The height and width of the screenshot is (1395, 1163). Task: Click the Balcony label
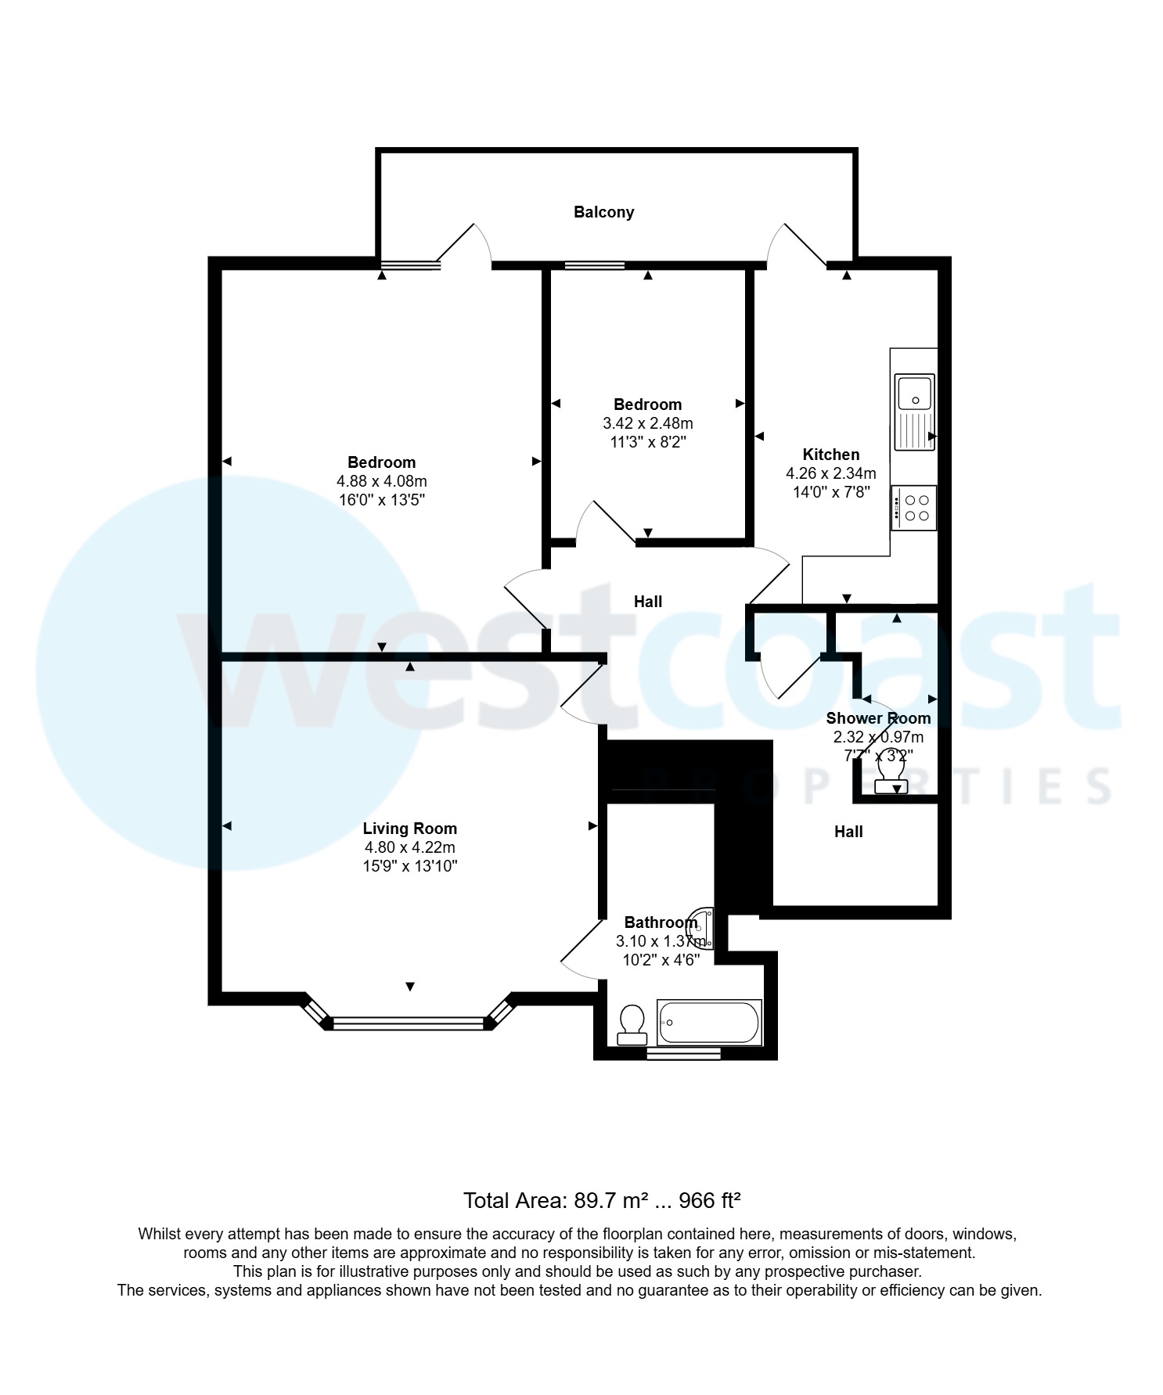603,212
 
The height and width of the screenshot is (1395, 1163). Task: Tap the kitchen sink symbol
914,412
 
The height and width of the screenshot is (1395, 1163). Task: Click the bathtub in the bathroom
709,1023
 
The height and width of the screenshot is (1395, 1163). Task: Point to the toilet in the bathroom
632,1025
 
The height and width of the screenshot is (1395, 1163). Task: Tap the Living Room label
409,829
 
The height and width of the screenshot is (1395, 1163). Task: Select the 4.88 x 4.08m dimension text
382,481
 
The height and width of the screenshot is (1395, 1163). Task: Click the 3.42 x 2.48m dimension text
647,423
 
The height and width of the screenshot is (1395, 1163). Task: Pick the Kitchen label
830,455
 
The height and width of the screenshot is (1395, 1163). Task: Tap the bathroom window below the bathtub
683,1055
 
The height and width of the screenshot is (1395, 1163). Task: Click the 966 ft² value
709,1200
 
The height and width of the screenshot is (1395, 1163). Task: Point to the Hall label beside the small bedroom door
647,602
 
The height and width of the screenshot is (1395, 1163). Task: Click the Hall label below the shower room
848,832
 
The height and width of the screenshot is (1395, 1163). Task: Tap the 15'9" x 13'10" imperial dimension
409,866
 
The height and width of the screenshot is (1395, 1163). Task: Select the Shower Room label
878,718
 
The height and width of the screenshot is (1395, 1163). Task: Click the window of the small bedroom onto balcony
595,266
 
